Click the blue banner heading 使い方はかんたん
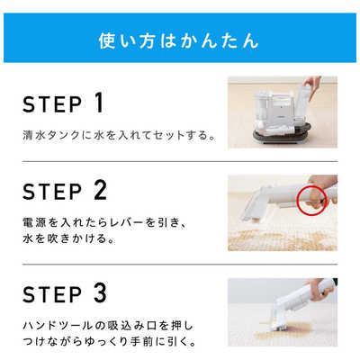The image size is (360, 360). coord(179,41)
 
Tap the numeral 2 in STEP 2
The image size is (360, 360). coord(100,190)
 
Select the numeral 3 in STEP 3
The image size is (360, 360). coord(100,292)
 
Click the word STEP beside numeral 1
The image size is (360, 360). coord(52,104)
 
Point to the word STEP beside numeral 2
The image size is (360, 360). coord(52,192)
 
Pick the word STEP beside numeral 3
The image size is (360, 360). coord(52,294)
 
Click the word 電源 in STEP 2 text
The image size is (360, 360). coord(34,222)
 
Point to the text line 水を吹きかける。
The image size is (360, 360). coord(69,238)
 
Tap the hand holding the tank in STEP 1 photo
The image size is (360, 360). coord(311,85)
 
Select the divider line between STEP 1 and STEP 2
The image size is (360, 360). coord(180,162)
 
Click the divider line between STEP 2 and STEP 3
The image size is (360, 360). coord(180,265)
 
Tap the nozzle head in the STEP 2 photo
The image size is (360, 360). coord(253,205)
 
